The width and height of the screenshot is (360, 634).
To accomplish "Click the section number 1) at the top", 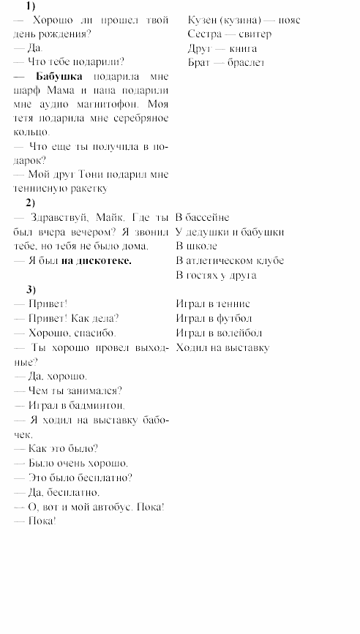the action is (30, 6).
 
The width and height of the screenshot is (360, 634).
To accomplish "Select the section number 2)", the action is (30, 203).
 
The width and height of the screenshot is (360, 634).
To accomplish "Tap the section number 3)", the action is (30, 289).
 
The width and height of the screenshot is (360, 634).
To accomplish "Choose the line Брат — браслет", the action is (226, 62).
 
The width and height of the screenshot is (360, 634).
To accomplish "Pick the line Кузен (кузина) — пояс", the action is (244, 20).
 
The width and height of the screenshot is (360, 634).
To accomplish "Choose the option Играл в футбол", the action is (214, 318).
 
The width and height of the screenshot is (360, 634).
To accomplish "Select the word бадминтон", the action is (98, 404).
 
